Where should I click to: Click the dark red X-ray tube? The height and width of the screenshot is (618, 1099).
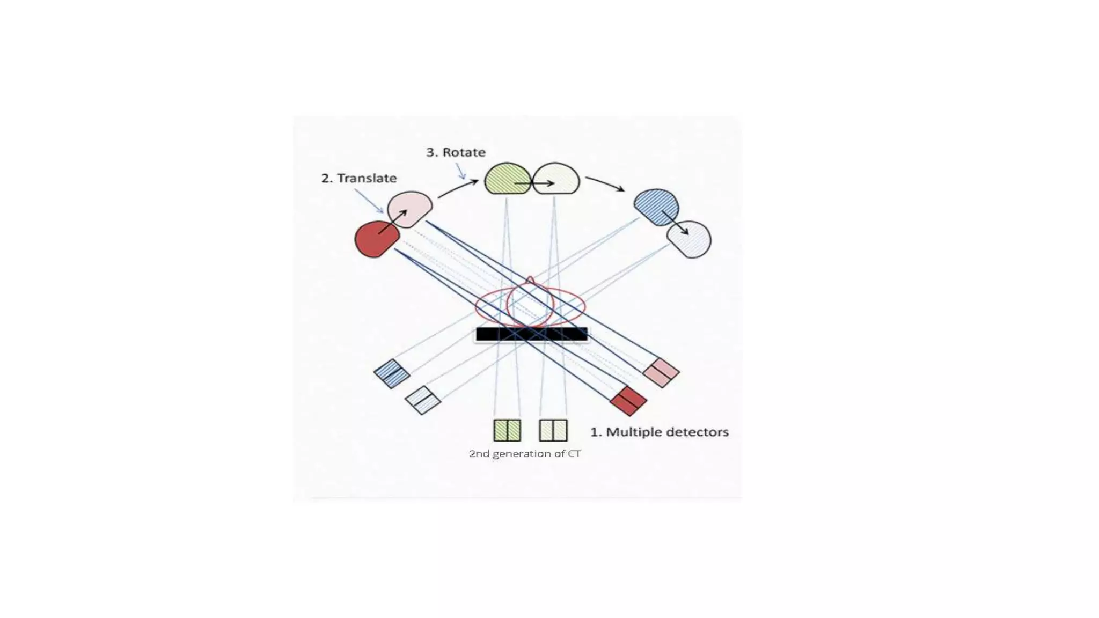point(376,240)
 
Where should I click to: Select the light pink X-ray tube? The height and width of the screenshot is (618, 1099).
point(410,208)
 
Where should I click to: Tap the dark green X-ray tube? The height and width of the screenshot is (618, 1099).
point(507,179)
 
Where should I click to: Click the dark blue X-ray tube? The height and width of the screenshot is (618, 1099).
point(656,207)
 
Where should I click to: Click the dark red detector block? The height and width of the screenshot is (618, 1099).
point(628,401)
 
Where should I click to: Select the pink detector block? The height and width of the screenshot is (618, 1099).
point(661,373)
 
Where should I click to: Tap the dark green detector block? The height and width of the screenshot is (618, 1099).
point(507,430)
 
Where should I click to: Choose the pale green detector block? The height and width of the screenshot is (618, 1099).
point(553,430)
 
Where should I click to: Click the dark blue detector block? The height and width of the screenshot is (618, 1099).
point(392,373)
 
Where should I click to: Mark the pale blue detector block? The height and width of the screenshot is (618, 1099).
point(423,400)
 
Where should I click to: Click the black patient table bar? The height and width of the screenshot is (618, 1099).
point(531,334)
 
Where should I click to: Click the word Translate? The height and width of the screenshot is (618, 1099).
point(367,178)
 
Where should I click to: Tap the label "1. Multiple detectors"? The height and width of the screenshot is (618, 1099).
point(660,432)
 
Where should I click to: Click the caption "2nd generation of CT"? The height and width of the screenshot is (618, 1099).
point(525,454)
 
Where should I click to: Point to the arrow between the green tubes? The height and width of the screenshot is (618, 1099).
point(534,183)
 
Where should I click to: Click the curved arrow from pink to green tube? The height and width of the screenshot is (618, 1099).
point(458,188)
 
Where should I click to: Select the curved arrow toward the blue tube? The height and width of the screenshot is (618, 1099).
point(605,183)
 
